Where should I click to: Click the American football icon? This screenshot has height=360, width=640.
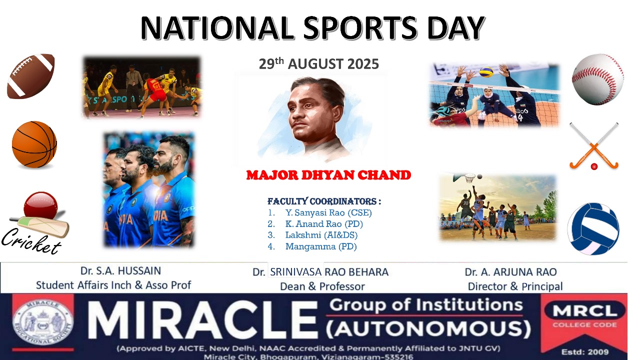coord(30,76)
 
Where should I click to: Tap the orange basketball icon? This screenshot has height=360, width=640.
coord(34,144)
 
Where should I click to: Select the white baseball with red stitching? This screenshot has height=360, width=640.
coord(597,79)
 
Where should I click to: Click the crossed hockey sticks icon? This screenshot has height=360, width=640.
coord(594,146)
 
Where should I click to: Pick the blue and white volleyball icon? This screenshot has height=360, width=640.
coord(593,228)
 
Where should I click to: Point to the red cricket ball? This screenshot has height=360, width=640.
coord(41,206)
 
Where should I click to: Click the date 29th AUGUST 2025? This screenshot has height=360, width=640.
coord(319,64)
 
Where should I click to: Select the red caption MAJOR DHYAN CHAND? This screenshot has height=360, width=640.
coord(328,175)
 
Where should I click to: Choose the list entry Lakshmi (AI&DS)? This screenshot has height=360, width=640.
coord(321,235)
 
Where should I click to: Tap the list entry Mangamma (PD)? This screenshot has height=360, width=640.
coord(321,246)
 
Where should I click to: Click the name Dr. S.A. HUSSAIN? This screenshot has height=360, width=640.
coord(120,271)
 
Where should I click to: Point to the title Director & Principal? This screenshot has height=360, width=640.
coord(515,286)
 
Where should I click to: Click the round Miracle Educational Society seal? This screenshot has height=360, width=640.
coord(42,322)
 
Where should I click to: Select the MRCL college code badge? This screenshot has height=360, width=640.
coord(584,316)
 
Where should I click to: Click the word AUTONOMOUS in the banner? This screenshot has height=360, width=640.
coord(428,328)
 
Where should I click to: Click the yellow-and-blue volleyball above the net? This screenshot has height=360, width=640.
coord(486,72)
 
